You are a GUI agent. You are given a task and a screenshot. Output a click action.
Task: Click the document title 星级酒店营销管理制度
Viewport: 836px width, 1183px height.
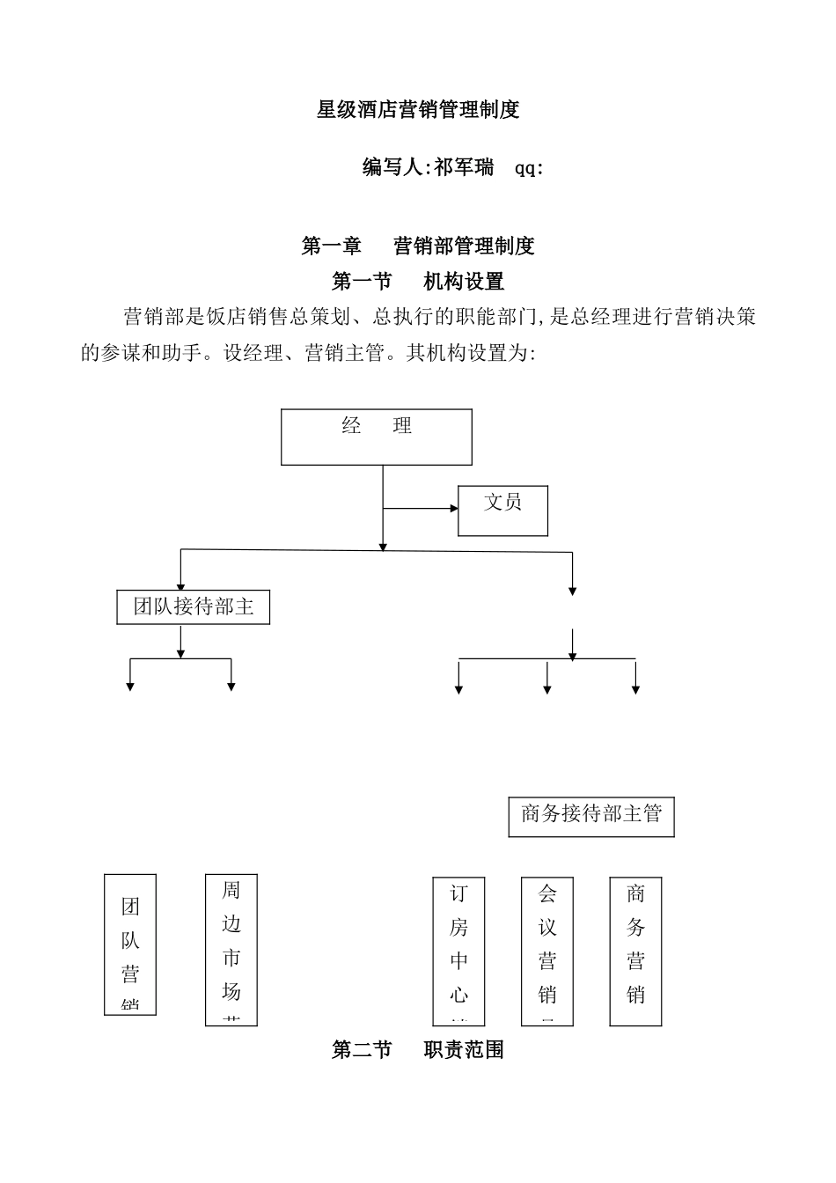(418, 110)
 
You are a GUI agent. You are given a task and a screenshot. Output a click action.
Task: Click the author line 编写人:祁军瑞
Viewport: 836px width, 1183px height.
(429, 167)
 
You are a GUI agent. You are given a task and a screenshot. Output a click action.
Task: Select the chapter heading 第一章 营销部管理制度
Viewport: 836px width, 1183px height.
(418, 246)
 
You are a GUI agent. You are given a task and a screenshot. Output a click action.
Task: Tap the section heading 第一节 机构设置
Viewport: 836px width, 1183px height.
(418, 282)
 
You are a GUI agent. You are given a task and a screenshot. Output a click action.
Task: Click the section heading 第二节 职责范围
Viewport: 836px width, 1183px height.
(418, 1050)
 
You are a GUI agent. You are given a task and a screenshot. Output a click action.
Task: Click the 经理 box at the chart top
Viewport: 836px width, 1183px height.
(377, 437)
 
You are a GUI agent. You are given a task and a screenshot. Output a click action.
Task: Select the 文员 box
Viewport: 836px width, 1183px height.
(502, 511)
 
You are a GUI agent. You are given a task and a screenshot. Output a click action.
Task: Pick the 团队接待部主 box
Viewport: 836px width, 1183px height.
(194, 607)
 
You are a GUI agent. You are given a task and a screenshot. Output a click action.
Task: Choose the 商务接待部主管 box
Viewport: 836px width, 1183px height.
(591, 816)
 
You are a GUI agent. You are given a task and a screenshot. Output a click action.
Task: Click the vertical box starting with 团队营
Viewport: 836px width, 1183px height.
(130, 944)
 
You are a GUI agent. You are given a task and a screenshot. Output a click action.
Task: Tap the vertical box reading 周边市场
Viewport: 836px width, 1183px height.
(231, 950)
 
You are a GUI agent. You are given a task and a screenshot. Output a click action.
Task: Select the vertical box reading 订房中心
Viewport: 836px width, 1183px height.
(459, 952)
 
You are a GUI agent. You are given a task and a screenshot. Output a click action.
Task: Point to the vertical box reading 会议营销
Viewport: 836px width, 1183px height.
(547, 952)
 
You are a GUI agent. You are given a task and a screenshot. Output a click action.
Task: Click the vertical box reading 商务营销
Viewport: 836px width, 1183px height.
(635, 952)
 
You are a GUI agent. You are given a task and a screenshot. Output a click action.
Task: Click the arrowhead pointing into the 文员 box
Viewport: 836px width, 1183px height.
(454, 509)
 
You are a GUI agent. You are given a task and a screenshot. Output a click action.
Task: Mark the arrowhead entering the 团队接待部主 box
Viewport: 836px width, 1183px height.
(181, 587)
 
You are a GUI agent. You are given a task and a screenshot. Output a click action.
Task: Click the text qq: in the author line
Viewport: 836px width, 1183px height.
(528, 168)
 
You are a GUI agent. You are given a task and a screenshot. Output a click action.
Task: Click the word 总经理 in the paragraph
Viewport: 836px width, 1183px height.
(600, 318)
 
